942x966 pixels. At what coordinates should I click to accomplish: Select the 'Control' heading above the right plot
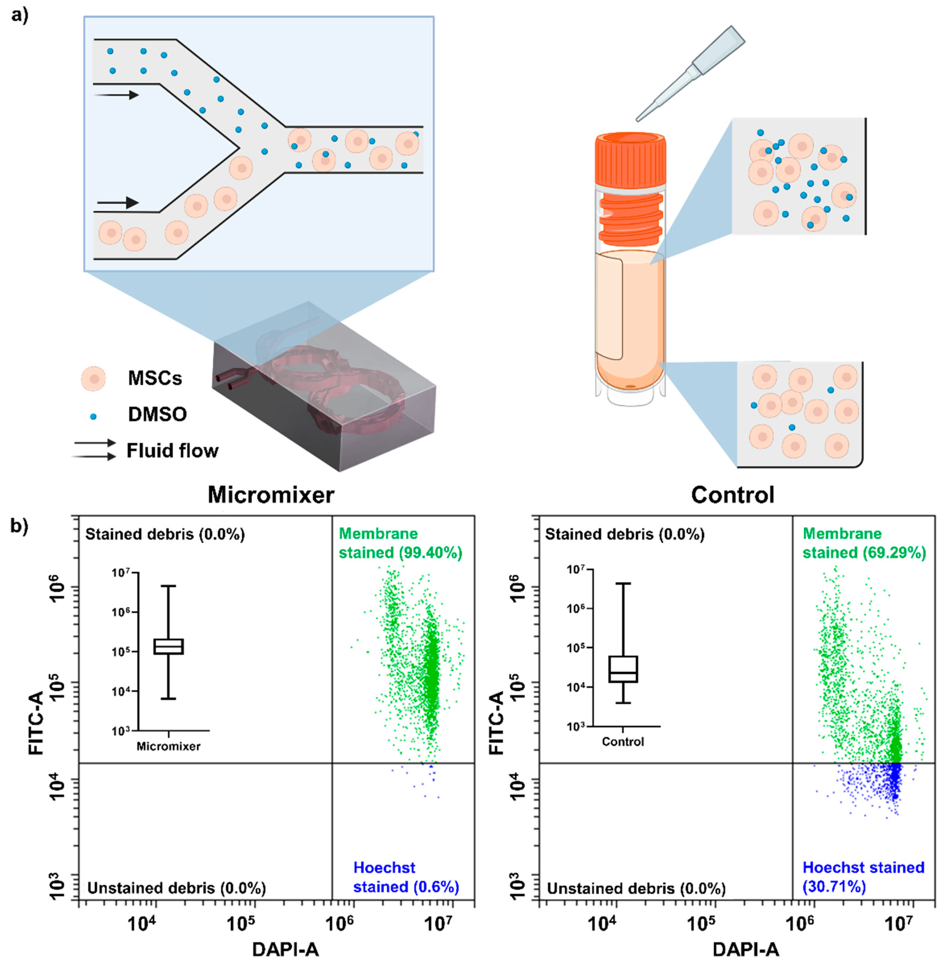[x=732, y=495]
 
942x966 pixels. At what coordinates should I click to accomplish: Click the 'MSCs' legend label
[x=155, y=378]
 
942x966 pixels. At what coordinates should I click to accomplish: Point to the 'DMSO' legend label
[x=157, y=414]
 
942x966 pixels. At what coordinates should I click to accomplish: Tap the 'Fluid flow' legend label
[x=172, y=451]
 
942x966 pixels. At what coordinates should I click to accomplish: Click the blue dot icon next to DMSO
[x=93, y=416]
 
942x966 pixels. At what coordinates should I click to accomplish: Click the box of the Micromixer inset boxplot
[x=169, y=647]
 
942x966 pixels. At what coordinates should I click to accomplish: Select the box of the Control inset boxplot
[x=623, y=669]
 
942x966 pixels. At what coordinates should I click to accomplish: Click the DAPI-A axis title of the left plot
[x=286, y=949]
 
